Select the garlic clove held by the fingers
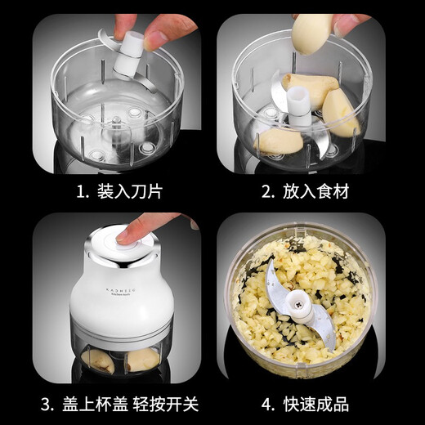[312, 34]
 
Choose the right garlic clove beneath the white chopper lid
[140, 360]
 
